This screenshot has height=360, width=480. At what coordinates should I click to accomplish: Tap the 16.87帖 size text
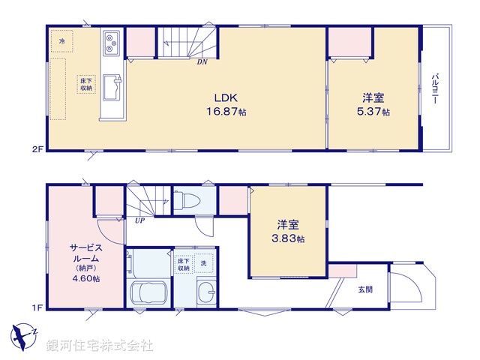[226, 111]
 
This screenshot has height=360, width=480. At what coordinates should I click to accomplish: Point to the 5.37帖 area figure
[374, 112]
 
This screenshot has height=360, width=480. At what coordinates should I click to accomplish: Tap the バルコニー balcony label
[435, 92]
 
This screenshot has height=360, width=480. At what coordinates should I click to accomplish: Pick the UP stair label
[139, 220]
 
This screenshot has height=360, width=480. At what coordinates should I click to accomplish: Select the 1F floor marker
[37, 307]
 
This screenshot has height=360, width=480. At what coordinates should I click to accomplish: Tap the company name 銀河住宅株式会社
[100, 345]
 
